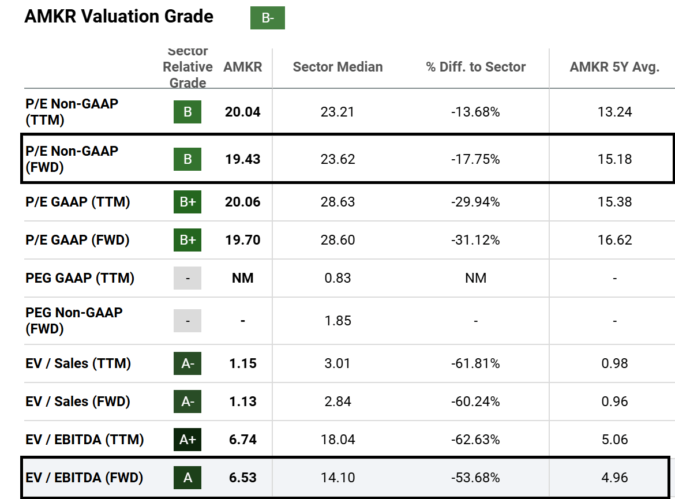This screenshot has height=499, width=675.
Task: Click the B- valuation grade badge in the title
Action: click(267, 18)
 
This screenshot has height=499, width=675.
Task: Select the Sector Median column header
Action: click(337, 67)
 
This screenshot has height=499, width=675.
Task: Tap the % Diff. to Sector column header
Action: click(475, 67)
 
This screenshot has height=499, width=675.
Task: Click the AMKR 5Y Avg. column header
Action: click(614, 67)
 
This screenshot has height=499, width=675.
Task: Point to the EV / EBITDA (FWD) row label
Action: click(84, 478)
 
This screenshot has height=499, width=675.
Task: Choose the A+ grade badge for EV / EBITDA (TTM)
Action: click(187, 440)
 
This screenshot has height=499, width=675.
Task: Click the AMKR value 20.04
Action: click(242, 112)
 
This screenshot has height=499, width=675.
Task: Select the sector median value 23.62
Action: click(337, 159)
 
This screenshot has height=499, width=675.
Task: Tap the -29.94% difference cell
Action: click(475, 202)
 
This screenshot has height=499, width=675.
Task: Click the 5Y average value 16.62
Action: click(614, 240)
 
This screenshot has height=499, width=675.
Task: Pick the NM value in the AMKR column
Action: click(242, 278)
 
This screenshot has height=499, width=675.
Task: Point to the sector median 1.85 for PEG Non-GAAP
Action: click(337, 321)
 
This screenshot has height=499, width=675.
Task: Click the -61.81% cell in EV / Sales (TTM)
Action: click(475, 363)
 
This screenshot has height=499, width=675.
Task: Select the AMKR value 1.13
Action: click(242, 402)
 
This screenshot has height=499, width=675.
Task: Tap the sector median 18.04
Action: click(337, 440)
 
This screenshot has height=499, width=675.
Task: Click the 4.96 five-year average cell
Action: click(614, 478)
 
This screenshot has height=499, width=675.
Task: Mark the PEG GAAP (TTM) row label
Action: click(80, 278)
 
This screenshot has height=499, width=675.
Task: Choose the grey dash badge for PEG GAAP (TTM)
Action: click(187, 278)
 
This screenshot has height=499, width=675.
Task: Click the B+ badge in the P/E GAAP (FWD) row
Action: click(187, 240)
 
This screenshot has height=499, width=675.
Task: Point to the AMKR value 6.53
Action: click(242, 478)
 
